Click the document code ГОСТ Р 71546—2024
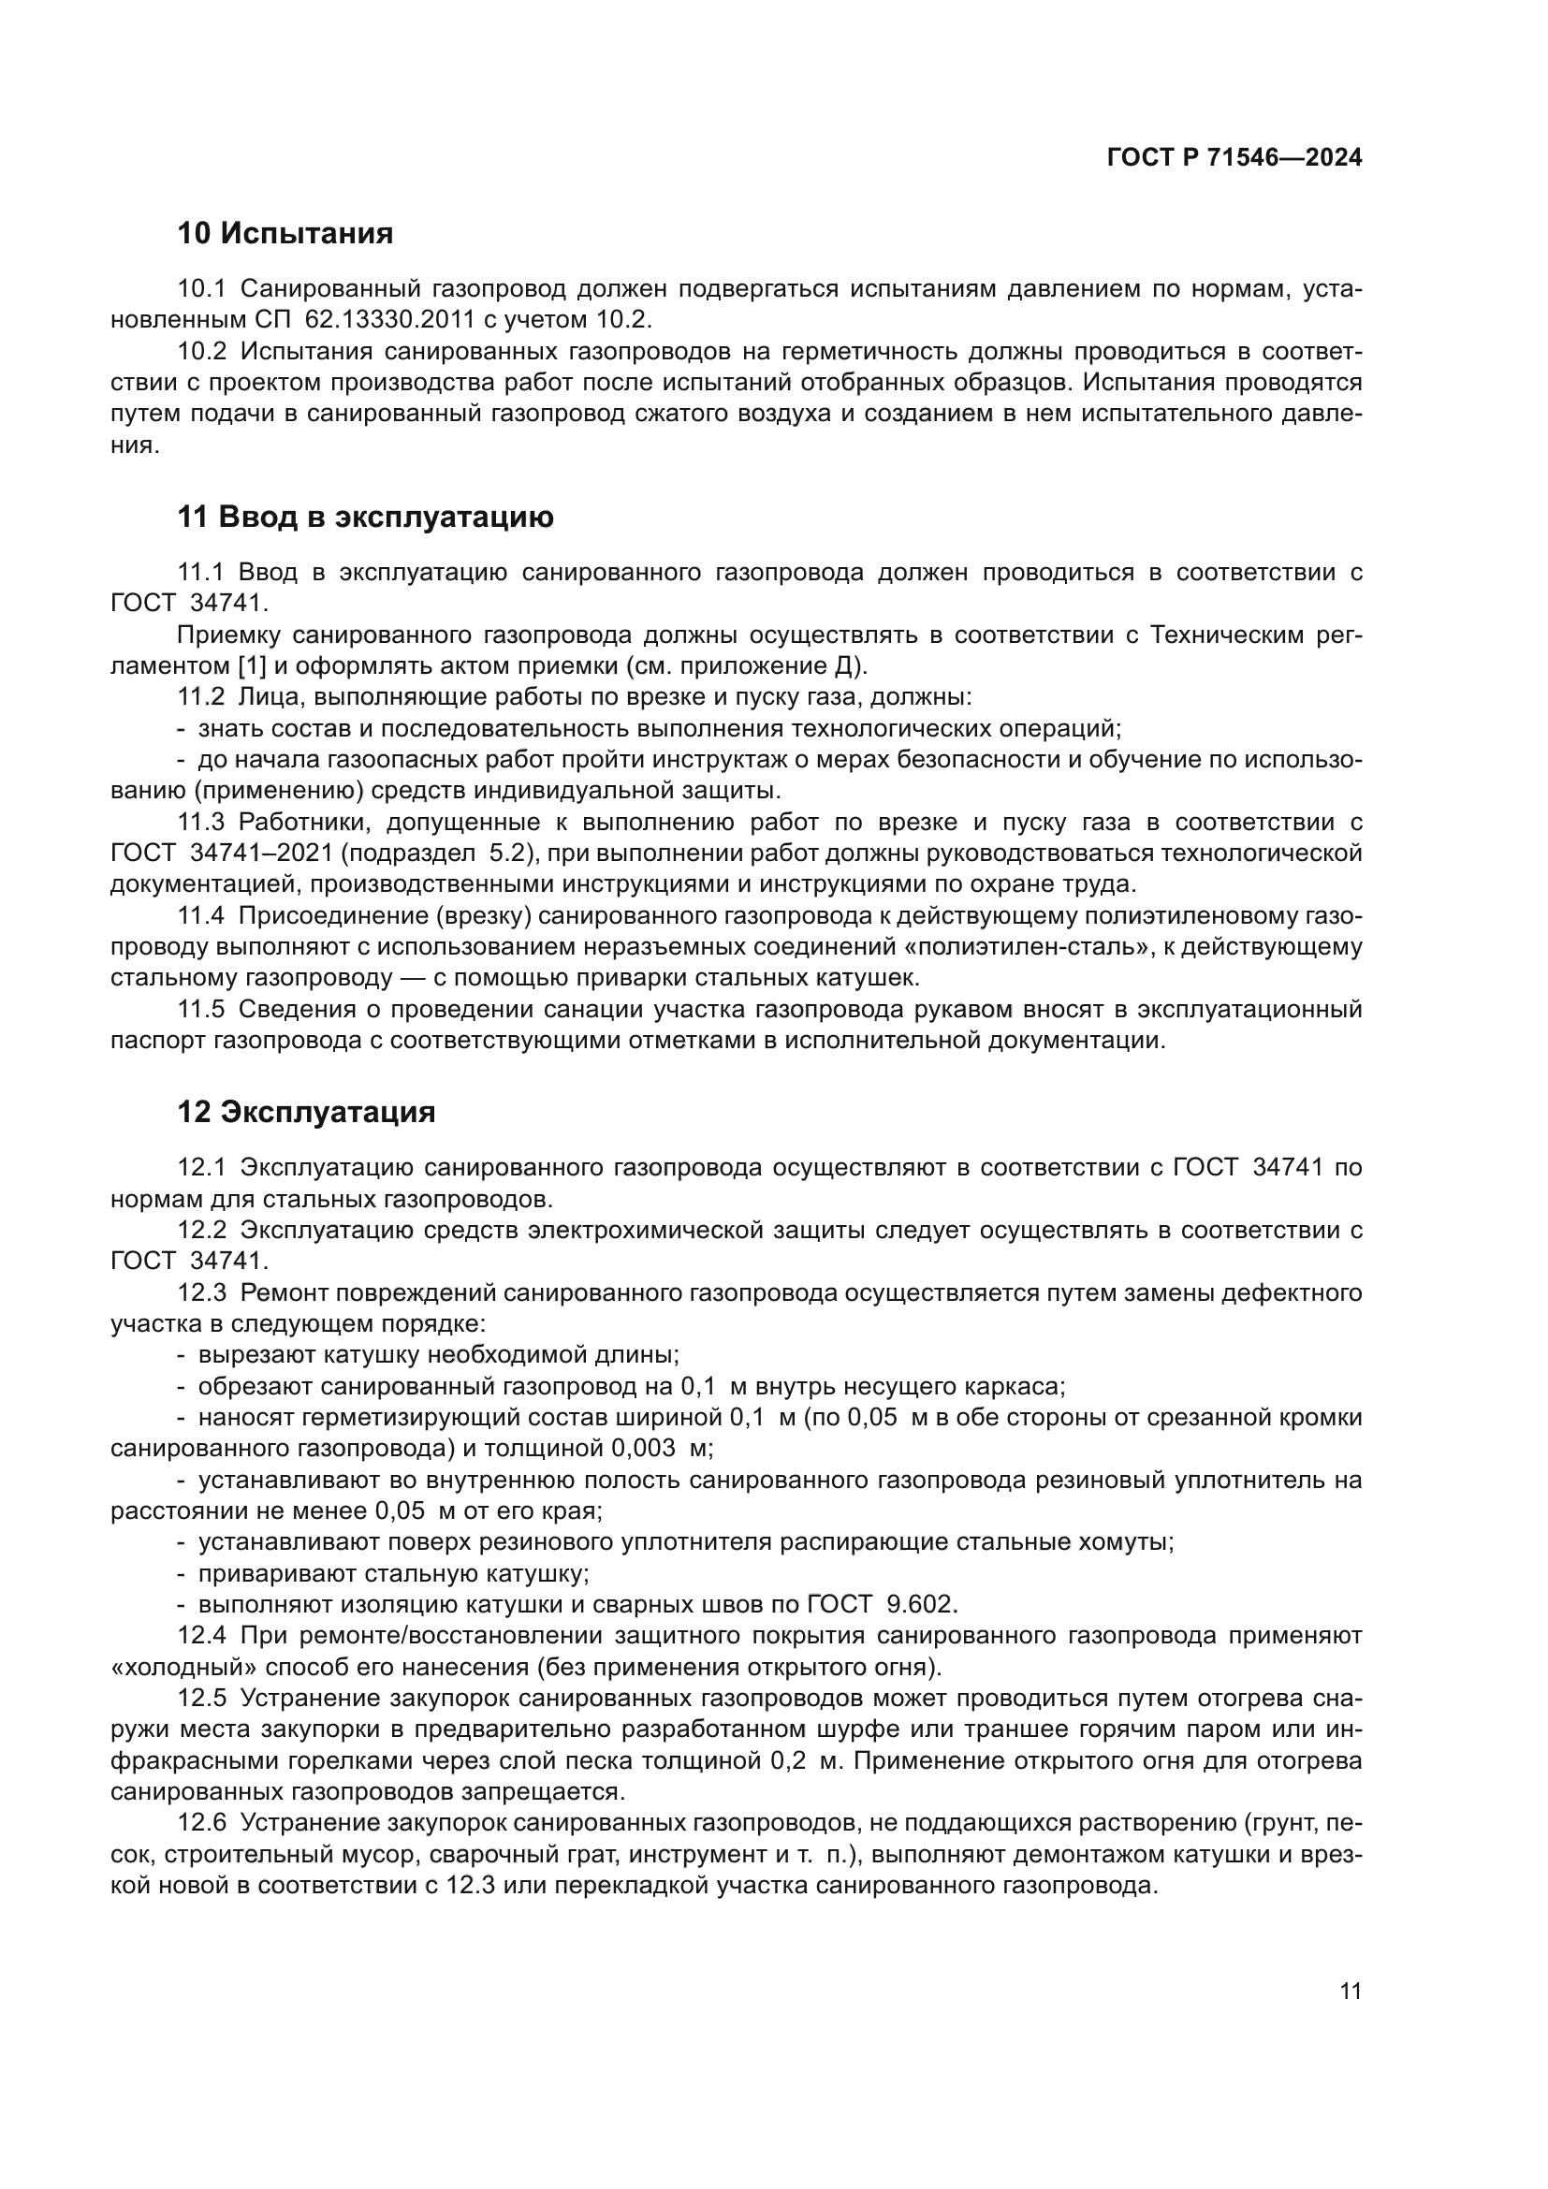point(1234,158)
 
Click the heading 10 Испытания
point(285,233)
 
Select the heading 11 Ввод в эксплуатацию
point(365,517)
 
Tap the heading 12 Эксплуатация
point(306,1112)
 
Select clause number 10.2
point(202,351)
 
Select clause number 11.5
point(202,1009)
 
